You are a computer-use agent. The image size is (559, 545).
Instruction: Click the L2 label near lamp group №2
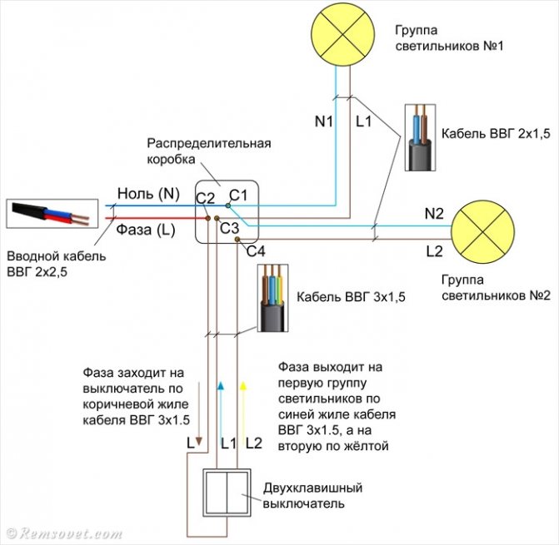pos(434,250)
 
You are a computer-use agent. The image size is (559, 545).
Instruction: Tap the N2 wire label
pos(434,214)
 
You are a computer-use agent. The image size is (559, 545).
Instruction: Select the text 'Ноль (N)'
pos(147,194)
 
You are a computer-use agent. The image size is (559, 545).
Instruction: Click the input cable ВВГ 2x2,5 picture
pos(50,214)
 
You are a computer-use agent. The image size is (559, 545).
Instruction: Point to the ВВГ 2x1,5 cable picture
pos(418,138)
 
